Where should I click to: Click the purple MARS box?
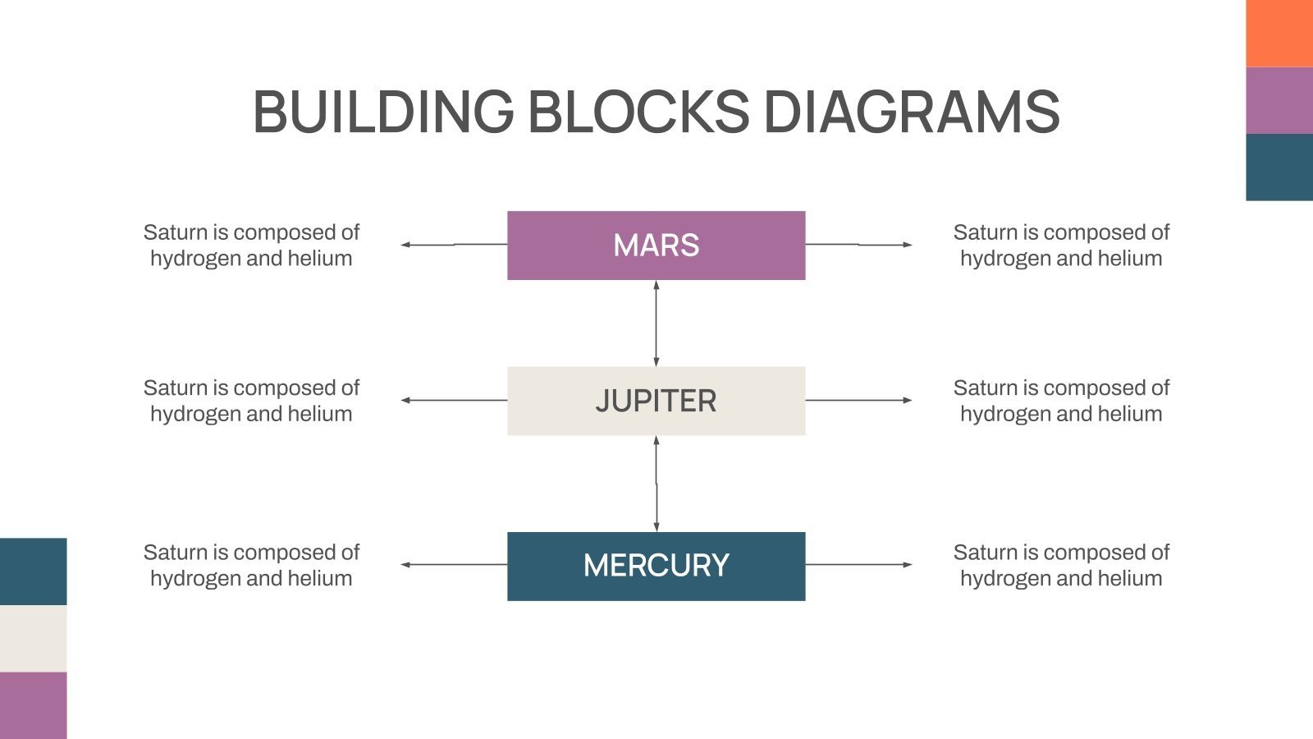pyautogui.click(x=656, y=246)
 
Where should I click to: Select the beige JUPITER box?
pyautogui.click(x=656, y=401)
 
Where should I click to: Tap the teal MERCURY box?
pyautogui.click(x=656, y=566)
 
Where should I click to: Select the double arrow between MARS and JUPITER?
pyautogui.click(x=656, y=323)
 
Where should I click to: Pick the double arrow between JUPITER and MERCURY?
pyautogui.click(x=656, y=484)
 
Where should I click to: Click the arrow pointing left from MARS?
pyautogui.click(x=453, y=245)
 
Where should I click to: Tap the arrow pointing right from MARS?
pyautogui.click(x=858, y=245)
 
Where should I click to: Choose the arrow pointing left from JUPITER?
pyautogui.click(x=453, y=400)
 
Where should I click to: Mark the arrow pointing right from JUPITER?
pyautogui.click(x=858, y=400)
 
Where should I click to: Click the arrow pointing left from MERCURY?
pyautogui.click(x=453, y=564)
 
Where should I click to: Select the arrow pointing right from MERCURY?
pyautogui.click(x=858, y=564)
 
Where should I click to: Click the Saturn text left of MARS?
pyautogui.click(x=251, y=245)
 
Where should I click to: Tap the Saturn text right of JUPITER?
pyautogui.click(x=1061, y=401)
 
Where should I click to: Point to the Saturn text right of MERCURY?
pyautogui.click(x=1061, y=565)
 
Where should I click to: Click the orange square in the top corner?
pyautogui.click(x=1279, y=33)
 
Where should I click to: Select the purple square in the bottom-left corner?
pyautogui.click(x=33, y=705)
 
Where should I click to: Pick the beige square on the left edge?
pyautogui.click(x=33, y=638)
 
